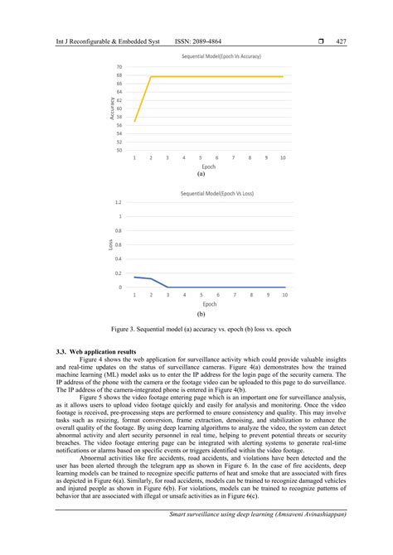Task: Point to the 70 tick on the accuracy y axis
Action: (120, 66)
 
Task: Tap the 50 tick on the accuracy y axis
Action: (120, 150)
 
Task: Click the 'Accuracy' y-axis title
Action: (111, 109)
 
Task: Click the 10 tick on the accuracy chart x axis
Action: (284, 158)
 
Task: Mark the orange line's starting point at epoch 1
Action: (134, 121)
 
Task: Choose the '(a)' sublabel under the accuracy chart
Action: (201, 175)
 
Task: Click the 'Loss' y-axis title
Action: (110, 244)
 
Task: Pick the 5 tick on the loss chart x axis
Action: (201, 295)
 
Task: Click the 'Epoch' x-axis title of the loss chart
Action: (210, 304)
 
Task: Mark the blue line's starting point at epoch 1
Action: (134, 277)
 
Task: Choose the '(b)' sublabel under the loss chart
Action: (201, 315)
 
